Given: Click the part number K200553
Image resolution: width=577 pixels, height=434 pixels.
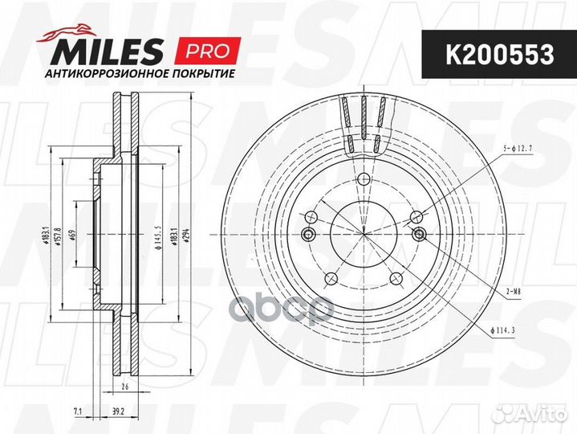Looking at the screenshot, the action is pos(500,55).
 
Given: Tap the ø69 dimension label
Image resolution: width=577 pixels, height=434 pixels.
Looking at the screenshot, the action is pos(72,235).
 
